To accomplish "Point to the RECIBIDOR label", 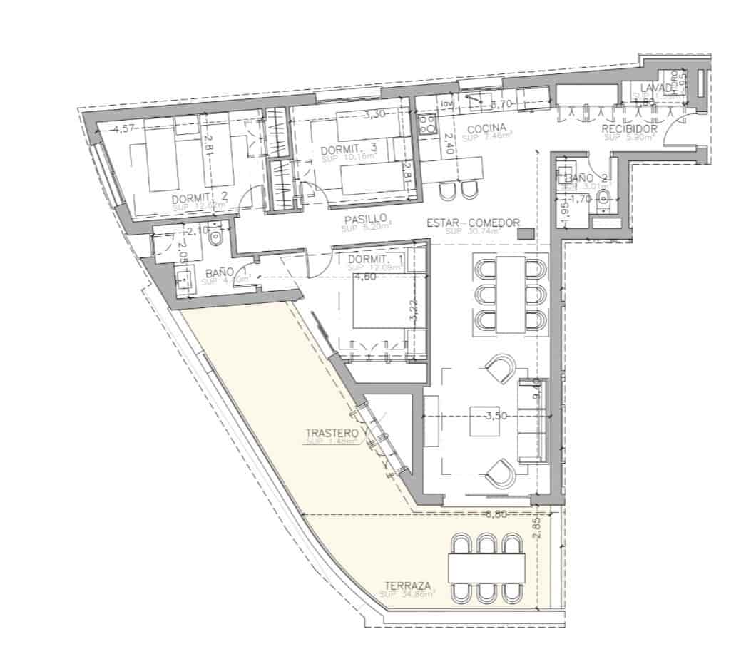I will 628,129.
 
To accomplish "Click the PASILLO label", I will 365,219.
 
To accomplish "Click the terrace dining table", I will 486,567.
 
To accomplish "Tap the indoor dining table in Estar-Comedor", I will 511,294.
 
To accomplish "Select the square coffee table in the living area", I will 488,425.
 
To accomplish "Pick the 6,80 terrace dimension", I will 496,514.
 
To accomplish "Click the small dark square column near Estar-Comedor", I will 526,234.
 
